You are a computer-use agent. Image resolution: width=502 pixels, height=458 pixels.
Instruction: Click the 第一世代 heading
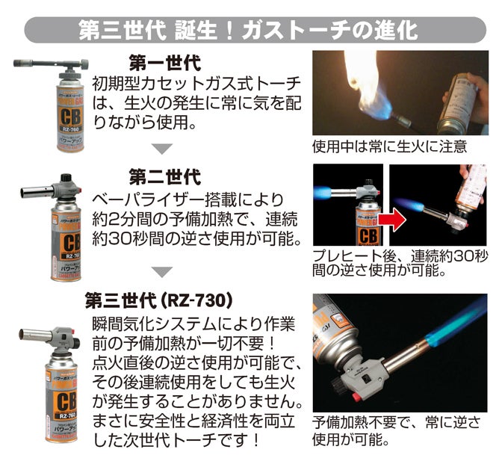pyautogui.click(x=165, y=63)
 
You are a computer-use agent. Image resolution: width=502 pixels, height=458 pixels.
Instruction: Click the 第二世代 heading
pyautogui.click(x=165, y=177)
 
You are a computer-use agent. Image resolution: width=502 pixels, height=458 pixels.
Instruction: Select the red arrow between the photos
pyautogui.click(x=397, y=220)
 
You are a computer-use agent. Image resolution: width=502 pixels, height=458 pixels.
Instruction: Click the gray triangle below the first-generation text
pyautogui.click(x=162, y=148)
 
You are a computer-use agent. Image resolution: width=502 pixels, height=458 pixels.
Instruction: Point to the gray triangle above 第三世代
pyautogui.click(x=162, y=272)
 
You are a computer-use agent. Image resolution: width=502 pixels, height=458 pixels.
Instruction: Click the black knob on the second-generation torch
pyautogui.click(x=66, y=178)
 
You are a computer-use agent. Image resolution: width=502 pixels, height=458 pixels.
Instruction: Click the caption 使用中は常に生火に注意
pyautogui.click(x=390, y=146)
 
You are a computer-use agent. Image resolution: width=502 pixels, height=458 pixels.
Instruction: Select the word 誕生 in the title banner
pyautogui.click(x=197, y=31)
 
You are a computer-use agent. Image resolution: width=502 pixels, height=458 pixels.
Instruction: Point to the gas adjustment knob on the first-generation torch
pyautogui.click(x=84, y=65)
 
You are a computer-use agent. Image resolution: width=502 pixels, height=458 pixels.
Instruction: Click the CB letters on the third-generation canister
pyautogui.click(x=66, y=401)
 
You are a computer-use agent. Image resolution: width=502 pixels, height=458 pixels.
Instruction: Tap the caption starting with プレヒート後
pyautogui.click(x=400, y=263)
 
